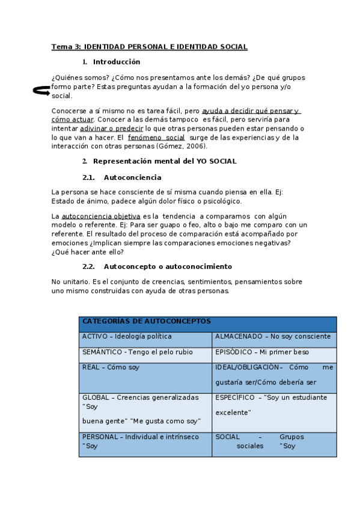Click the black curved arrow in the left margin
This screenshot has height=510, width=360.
click(x=41, y=90)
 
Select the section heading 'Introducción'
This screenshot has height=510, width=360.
click(x=117, y=62)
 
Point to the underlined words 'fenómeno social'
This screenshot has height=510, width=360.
click(x=156, y=138)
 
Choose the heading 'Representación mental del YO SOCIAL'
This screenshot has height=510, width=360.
click(x=165, y=161)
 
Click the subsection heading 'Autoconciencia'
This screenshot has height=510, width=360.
click(x=132, y=177)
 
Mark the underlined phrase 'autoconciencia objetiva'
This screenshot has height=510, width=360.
click(x=101, y=216)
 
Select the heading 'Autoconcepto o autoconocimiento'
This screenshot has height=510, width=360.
click(x=168, y=266)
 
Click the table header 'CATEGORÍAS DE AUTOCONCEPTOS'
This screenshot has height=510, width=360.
click(x=147, y=322)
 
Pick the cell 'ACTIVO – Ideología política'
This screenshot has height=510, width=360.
click(x=127, y=337)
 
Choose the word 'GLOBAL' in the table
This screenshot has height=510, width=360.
click(x=97, y=398)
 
